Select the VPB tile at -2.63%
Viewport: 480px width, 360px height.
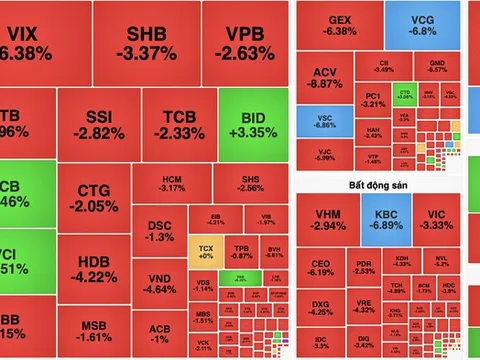pyautogui.click(x=241, y=43)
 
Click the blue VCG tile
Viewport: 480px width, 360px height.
pyautogui.click(x=424, y=24)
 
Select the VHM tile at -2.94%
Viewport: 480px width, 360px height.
pyautogui.click(x=328, y=220)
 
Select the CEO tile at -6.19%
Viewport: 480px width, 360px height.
pyautogui.click(x=321, y=266)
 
